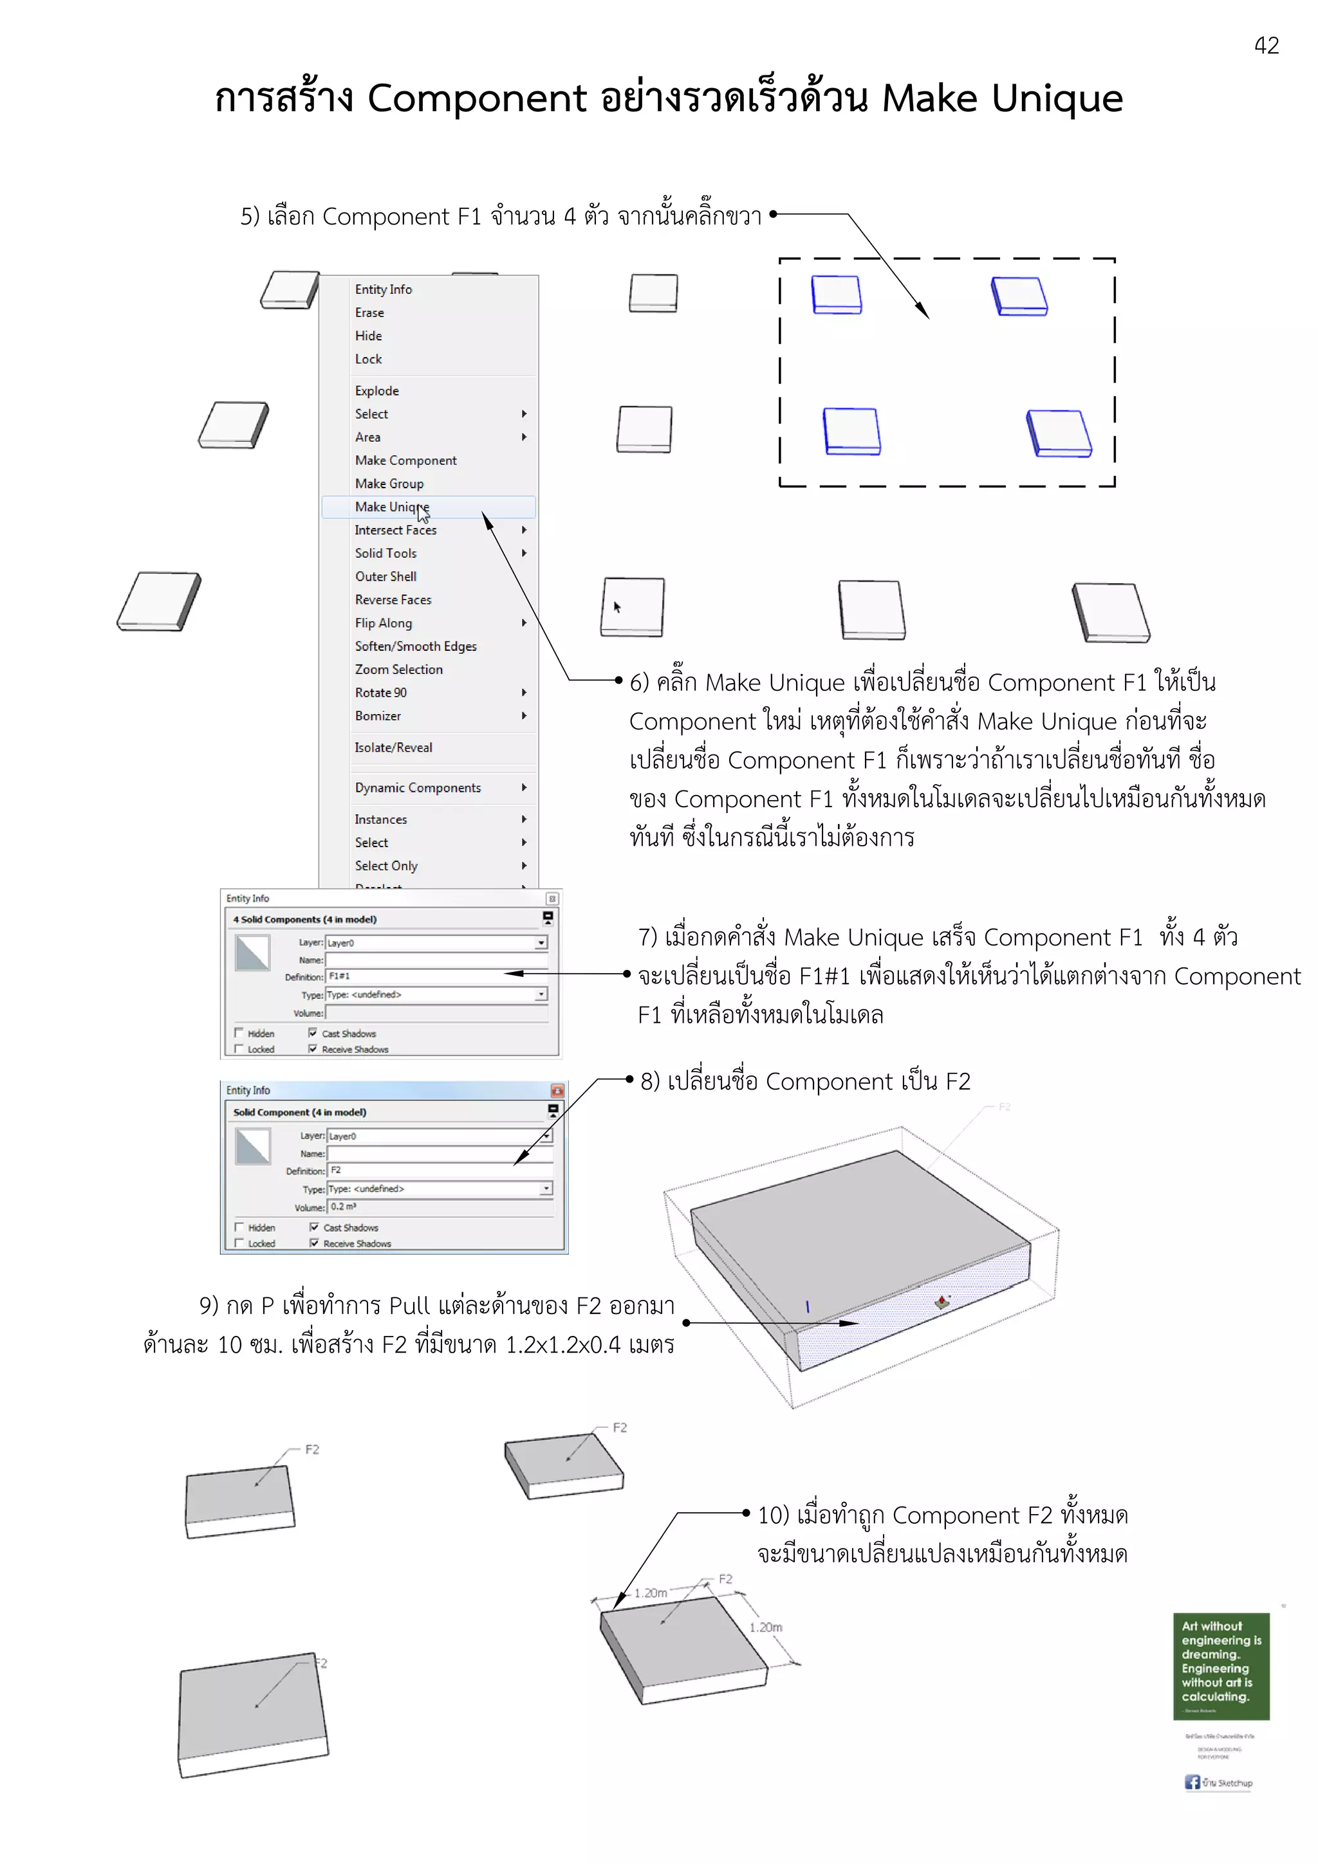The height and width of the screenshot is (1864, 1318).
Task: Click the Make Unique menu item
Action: tap(391, 507)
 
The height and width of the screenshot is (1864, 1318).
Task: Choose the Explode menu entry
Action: tap(377, 390)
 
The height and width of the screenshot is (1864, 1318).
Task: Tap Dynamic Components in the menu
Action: tap(418, 787)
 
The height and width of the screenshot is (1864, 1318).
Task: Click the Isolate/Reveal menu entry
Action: tap(393, 747)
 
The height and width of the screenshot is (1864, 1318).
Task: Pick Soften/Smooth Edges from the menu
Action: tap(415, 646)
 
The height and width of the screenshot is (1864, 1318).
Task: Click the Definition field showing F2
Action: tap(438, 1171)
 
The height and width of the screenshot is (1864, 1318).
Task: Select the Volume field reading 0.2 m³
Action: tap(438, 1207)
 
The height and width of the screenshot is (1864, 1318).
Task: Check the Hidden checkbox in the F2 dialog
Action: tap(239, 1227)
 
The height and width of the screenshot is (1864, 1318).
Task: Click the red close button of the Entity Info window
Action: tap(557, 1090)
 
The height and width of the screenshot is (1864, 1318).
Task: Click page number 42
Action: tap(1266, 46)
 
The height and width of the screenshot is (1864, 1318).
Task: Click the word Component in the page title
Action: tap(477, 98)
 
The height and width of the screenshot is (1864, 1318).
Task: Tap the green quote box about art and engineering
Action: tap(1220, 1665)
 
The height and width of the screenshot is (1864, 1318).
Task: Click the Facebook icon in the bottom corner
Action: tap(1191, 1782)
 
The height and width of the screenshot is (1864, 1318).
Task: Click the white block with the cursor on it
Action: tap(632, 607)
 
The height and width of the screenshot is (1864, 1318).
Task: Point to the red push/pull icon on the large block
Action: tap(941, 1301)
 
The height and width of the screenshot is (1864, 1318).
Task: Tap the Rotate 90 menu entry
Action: tap(380, 693)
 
